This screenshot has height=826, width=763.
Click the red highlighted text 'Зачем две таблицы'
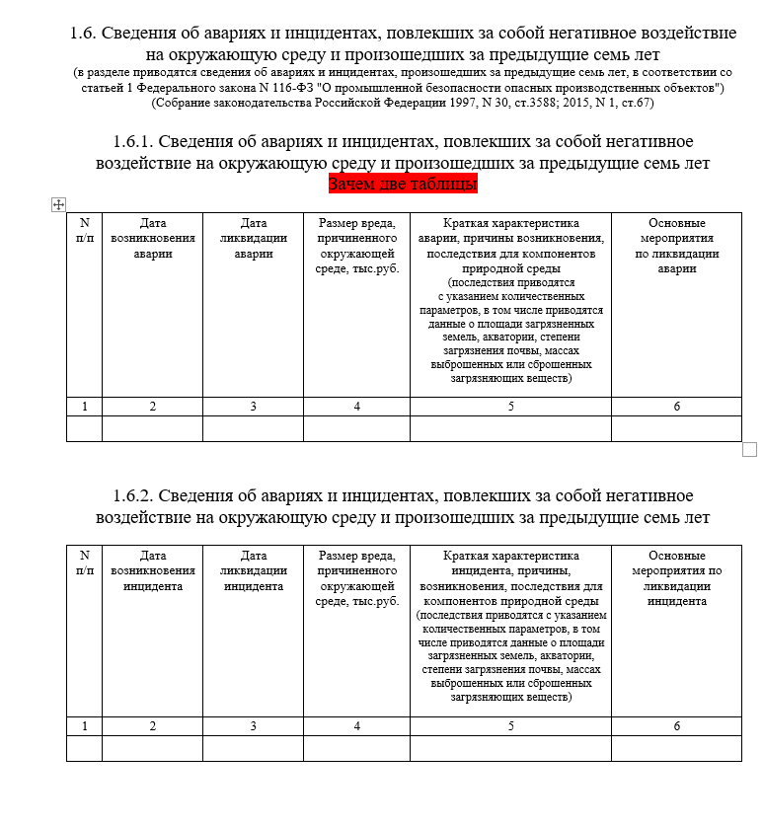402,185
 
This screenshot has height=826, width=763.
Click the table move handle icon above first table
57,204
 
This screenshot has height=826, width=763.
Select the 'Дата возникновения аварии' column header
152,238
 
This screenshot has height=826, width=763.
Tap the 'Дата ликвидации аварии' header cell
253,238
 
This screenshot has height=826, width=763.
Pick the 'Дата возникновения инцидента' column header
152,570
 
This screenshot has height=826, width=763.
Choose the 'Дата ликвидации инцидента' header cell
253,570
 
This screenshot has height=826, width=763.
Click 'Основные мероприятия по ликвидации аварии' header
676,246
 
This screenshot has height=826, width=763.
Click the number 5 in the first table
510,407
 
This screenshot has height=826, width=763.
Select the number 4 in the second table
356,726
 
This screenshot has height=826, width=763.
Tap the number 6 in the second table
676,726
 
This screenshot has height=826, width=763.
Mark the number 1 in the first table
84,407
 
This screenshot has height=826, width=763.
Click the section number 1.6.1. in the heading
132,142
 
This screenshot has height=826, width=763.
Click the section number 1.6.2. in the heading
132,495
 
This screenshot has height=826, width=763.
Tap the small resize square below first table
748,450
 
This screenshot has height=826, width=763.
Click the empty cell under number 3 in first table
253,428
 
